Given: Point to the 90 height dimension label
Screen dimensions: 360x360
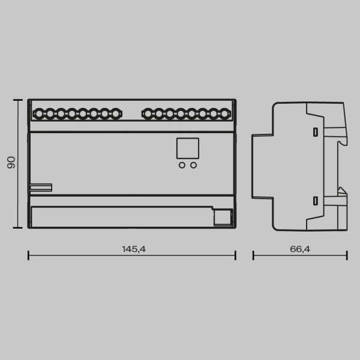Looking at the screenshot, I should [11, 163].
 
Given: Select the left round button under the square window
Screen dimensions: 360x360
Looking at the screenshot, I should [182, 164].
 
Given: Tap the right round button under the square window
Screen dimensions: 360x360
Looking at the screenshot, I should [193, 164].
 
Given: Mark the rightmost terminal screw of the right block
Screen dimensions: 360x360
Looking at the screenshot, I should [225, 113].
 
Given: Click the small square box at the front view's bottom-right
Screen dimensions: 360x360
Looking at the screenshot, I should [223, 217].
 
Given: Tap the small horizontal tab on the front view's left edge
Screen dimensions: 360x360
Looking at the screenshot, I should [40, 187].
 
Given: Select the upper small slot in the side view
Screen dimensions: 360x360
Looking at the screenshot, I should [315, 131].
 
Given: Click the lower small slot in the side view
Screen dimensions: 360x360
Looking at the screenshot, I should [315, 201].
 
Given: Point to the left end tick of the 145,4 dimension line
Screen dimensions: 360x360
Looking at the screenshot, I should [28, 255].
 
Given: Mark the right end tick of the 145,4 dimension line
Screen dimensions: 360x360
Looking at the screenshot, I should [236, 255].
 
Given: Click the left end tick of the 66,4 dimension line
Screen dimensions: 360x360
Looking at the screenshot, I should [253, 255].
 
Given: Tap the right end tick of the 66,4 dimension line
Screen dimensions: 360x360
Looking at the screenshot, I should [347, 255].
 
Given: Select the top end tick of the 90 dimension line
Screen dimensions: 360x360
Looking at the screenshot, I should [18, 100].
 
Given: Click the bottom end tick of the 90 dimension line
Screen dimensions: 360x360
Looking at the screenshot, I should [18, 228].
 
